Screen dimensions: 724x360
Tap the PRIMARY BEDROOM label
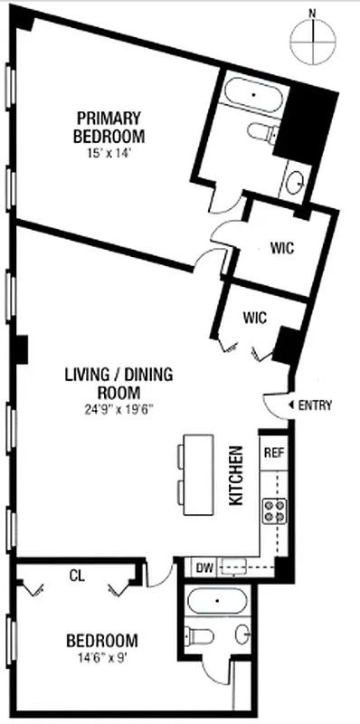pyautogui.click(x=109, y=126)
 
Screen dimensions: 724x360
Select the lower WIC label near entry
pyautogui.click(x=254, y=318)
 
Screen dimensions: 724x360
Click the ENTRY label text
pyautogui.click(x=316, y=405)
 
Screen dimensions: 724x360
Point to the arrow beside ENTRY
pyautogui.click(x=291, y=405)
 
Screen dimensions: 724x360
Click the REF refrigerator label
pyautogui.click(x=273, y=452)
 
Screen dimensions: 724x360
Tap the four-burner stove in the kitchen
pyautogui.click(x=274, y=512)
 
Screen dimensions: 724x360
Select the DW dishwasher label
pyautogui.click(x=204, y=567)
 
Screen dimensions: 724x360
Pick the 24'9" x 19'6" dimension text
pyautogui.click(x=118, y=407)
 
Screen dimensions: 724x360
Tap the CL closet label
pyautogui.click(x=77, y=574)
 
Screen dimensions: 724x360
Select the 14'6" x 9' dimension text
pyautogui.click(x=102, y=658)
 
